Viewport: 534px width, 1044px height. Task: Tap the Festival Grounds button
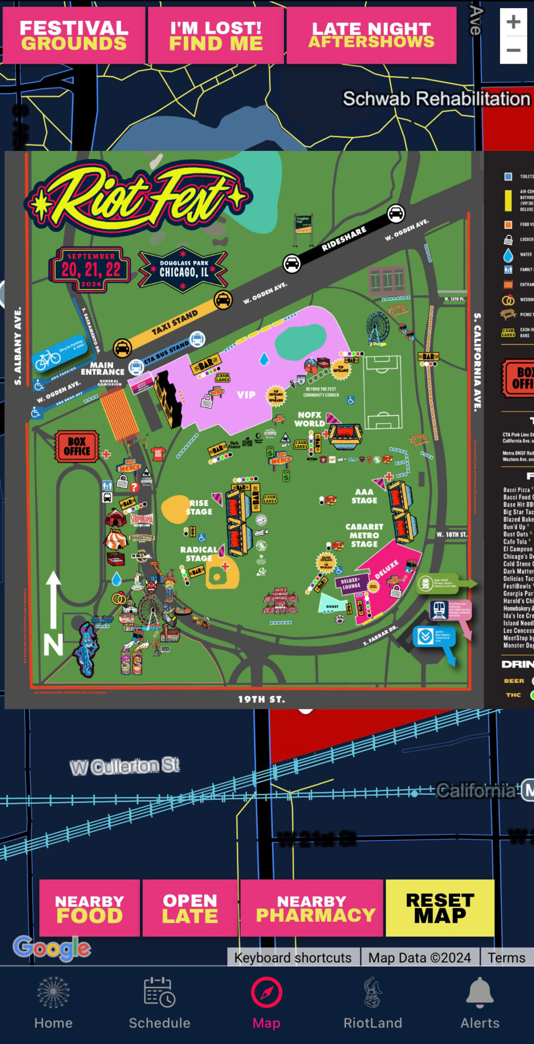point(74,36)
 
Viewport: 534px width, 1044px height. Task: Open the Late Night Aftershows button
point(371,36)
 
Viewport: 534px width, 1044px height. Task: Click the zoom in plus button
point(513,22)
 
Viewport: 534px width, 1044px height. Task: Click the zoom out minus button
point(513,50)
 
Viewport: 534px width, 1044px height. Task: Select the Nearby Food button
point(90,908)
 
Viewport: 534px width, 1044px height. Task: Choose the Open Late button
point(190,908)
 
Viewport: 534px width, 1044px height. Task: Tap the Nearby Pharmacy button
point(312,908)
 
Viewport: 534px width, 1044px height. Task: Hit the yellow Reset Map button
point(440,908)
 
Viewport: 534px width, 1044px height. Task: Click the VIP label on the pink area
point(246,395)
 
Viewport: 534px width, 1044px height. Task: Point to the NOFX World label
point(310,419)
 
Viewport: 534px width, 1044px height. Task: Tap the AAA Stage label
point(364,496)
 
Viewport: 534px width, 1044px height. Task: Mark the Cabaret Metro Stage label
point(364,535)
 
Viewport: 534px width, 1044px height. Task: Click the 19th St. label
point(261,699)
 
